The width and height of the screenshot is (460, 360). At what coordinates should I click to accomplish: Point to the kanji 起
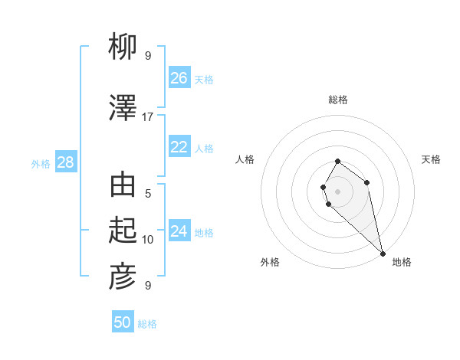123,231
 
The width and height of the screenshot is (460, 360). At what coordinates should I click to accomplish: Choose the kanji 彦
123,277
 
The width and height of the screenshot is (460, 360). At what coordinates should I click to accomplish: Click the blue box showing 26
179,78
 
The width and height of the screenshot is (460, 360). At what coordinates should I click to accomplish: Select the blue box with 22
179,147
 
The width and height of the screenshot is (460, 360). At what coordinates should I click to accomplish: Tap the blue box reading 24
179,231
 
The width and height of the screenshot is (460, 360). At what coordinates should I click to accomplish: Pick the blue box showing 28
65,162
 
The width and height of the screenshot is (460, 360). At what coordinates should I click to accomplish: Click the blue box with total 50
123,322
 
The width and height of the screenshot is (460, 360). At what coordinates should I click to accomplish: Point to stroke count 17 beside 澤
148,117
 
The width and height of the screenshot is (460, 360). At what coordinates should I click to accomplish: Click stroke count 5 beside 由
148,193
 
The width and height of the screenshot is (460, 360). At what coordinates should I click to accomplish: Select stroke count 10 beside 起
148,240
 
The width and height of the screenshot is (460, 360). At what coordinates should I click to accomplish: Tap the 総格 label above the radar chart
338,100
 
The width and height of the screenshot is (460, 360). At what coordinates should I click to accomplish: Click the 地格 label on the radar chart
402,262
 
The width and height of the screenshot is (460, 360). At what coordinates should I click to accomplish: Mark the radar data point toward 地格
383,254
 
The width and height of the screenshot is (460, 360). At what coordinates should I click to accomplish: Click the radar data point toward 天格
367,182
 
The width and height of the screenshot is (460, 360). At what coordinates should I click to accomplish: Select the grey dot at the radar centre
338,191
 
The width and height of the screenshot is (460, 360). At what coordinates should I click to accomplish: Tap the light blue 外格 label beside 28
41,163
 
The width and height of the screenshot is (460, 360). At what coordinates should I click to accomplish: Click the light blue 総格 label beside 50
147,324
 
